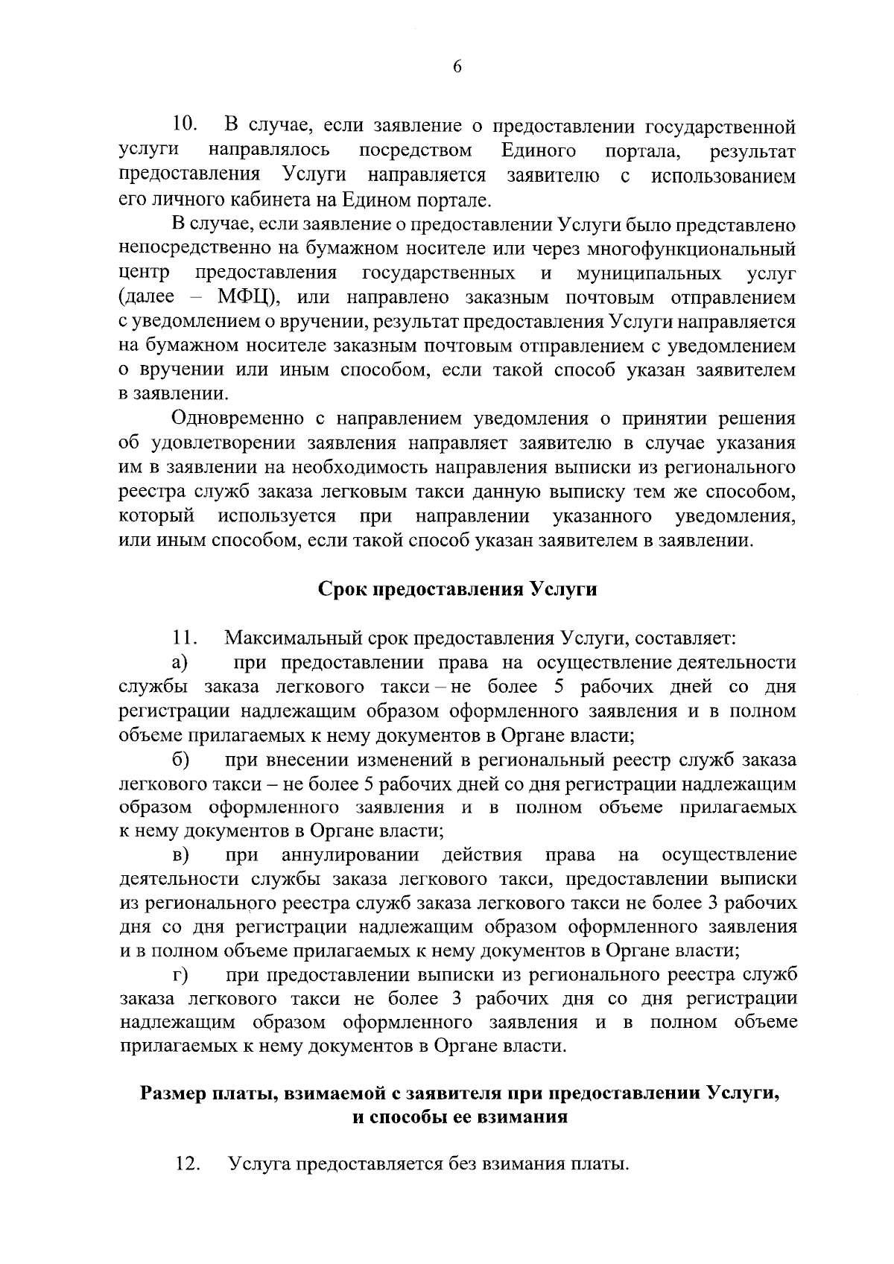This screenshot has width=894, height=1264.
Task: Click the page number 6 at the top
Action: (x=457, y=67)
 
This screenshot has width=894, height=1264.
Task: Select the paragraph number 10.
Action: (x=184, y=124)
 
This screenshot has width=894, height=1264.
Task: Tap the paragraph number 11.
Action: (x=184, y=638)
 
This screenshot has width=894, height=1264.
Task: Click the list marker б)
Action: (x=180, y=760)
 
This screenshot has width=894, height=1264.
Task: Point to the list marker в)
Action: (x=180, y=854)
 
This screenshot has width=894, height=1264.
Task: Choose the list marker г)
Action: (x=179, y=975)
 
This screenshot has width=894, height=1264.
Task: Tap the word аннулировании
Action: (x=350, y=854)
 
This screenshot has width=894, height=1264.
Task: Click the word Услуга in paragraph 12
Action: (x=260, y=1163)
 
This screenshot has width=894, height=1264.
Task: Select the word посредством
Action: (x=415, y=151)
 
